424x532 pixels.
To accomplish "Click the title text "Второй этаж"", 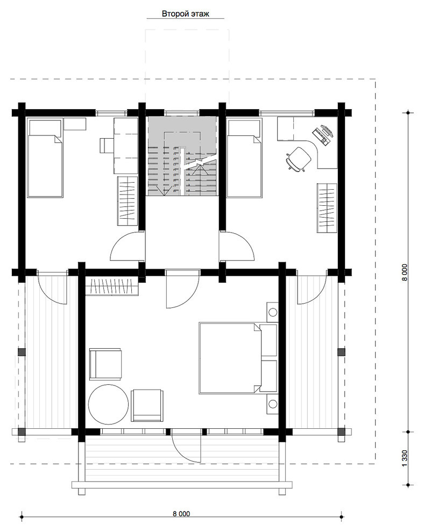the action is click(185, 13).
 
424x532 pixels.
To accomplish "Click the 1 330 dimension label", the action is click(404, 458).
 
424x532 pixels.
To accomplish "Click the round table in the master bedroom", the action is click(108, 404).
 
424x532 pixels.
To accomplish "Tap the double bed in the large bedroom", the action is click(238, 358).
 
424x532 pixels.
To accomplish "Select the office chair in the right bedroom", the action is click(298, 159).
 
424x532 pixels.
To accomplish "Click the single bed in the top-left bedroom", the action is click(45, 157).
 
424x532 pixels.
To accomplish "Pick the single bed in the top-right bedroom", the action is click(244, 157).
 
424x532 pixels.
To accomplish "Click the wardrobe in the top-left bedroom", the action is click(128, 200).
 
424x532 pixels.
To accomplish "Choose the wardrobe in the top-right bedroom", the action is click(327, 207).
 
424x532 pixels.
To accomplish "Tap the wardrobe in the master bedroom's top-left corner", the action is click(112, 286).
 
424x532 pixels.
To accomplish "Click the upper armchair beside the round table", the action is click(105, 364).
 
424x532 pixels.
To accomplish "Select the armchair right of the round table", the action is click(147, 405).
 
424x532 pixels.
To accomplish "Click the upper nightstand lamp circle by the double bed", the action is click(272, 312).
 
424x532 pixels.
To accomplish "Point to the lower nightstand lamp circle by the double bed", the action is click(272, 404).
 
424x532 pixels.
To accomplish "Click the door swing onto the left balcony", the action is click(51, 289).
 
